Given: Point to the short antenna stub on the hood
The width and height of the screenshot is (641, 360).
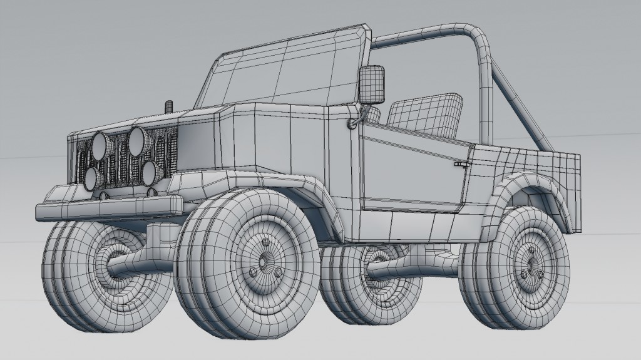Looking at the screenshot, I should click(x=168, y=105).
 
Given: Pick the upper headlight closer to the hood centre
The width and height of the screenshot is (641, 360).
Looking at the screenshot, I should click(x=138, y=141).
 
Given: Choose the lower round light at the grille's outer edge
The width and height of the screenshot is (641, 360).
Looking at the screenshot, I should click(x=91, y=178).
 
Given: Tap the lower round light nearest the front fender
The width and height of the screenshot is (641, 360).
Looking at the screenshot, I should click(x=148, y=173).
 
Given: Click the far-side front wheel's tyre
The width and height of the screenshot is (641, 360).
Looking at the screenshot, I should click(x=69, y=275).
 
